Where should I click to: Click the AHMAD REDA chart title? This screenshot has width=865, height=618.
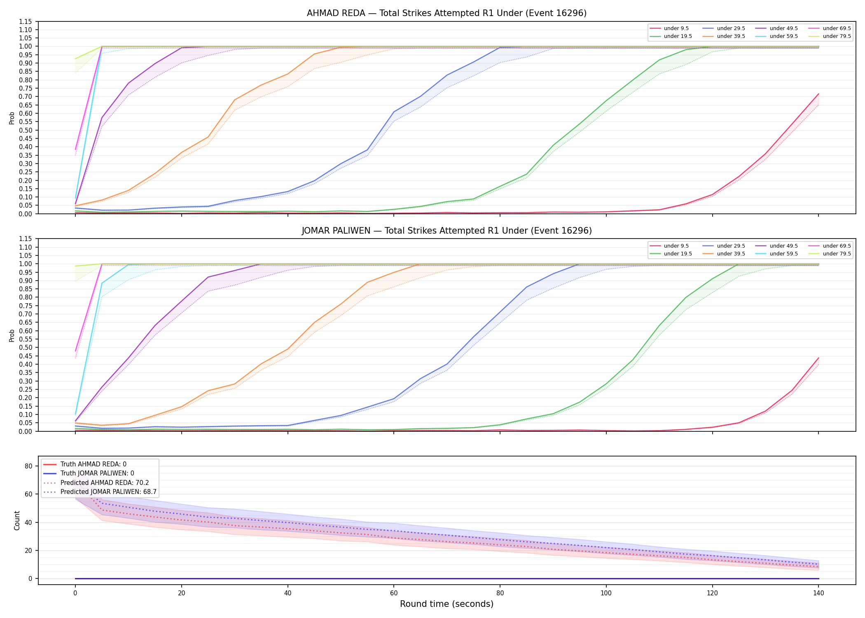[447, 13]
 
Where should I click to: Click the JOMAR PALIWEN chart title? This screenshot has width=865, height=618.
[447, 231]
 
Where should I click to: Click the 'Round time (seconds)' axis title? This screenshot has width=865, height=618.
[447, 604]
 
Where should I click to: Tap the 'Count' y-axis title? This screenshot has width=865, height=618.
[17, 520]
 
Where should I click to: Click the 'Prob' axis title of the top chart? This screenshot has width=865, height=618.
[12, 118]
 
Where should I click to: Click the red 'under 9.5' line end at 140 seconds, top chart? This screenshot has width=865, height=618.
[818, 94]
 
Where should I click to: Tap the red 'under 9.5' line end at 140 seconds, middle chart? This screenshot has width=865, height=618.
[818, 358]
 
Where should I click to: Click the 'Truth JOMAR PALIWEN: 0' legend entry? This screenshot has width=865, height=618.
[97, 473]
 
